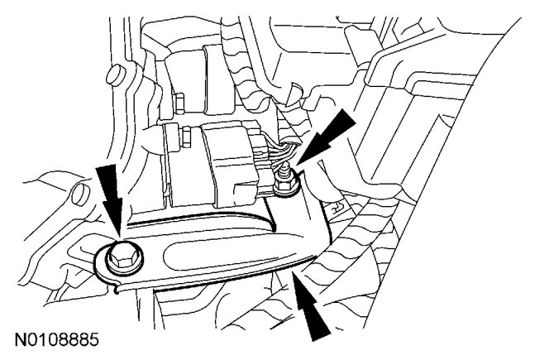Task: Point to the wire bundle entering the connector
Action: pyautogui.click(x=278, y=154)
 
